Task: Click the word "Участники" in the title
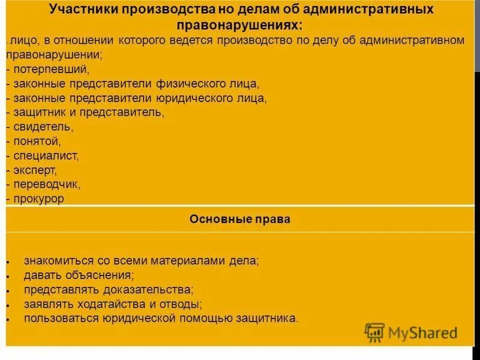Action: click(83, 10)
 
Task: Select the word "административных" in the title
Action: click(373, 10)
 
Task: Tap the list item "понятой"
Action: click(36, 142)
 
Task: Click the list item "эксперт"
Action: click(35, 170)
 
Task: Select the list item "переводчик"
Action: click(46, 185)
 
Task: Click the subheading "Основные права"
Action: click(239, 220)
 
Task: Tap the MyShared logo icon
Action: click(374, 332)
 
